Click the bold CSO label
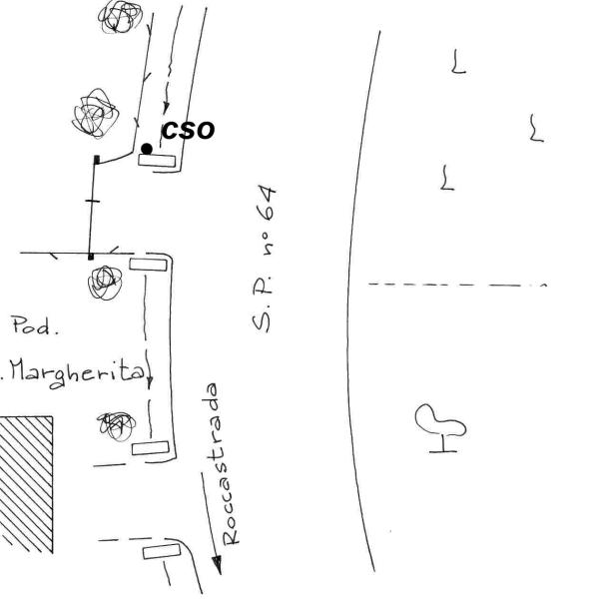(188, 130)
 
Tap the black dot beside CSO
(147, 149)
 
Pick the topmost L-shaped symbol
(458, 63)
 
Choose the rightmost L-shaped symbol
(537, 128)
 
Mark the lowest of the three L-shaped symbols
(446, 179)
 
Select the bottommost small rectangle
(159, 552)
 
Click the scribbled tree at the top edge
(121, 14)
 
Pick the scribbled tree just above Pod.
(103, 283)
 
